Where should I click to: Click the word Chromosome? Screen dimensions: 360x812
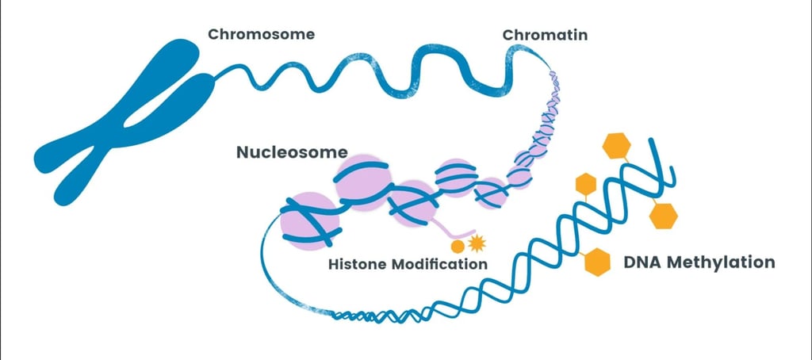click(x=261, y=34)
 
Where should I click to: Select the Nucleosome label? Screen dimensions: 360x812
click(x=292, y=151)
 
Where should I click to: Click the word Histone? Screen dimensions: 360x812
click(x=358, y=263)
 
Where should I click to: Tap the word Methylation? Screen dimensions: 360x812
click(x=725, y=262)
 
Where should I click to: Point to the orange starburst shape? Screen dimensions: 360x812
click(x=476, y=242)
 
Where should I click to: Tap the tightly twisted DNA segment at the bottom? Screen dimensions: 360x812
click(x=373, y=316)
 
